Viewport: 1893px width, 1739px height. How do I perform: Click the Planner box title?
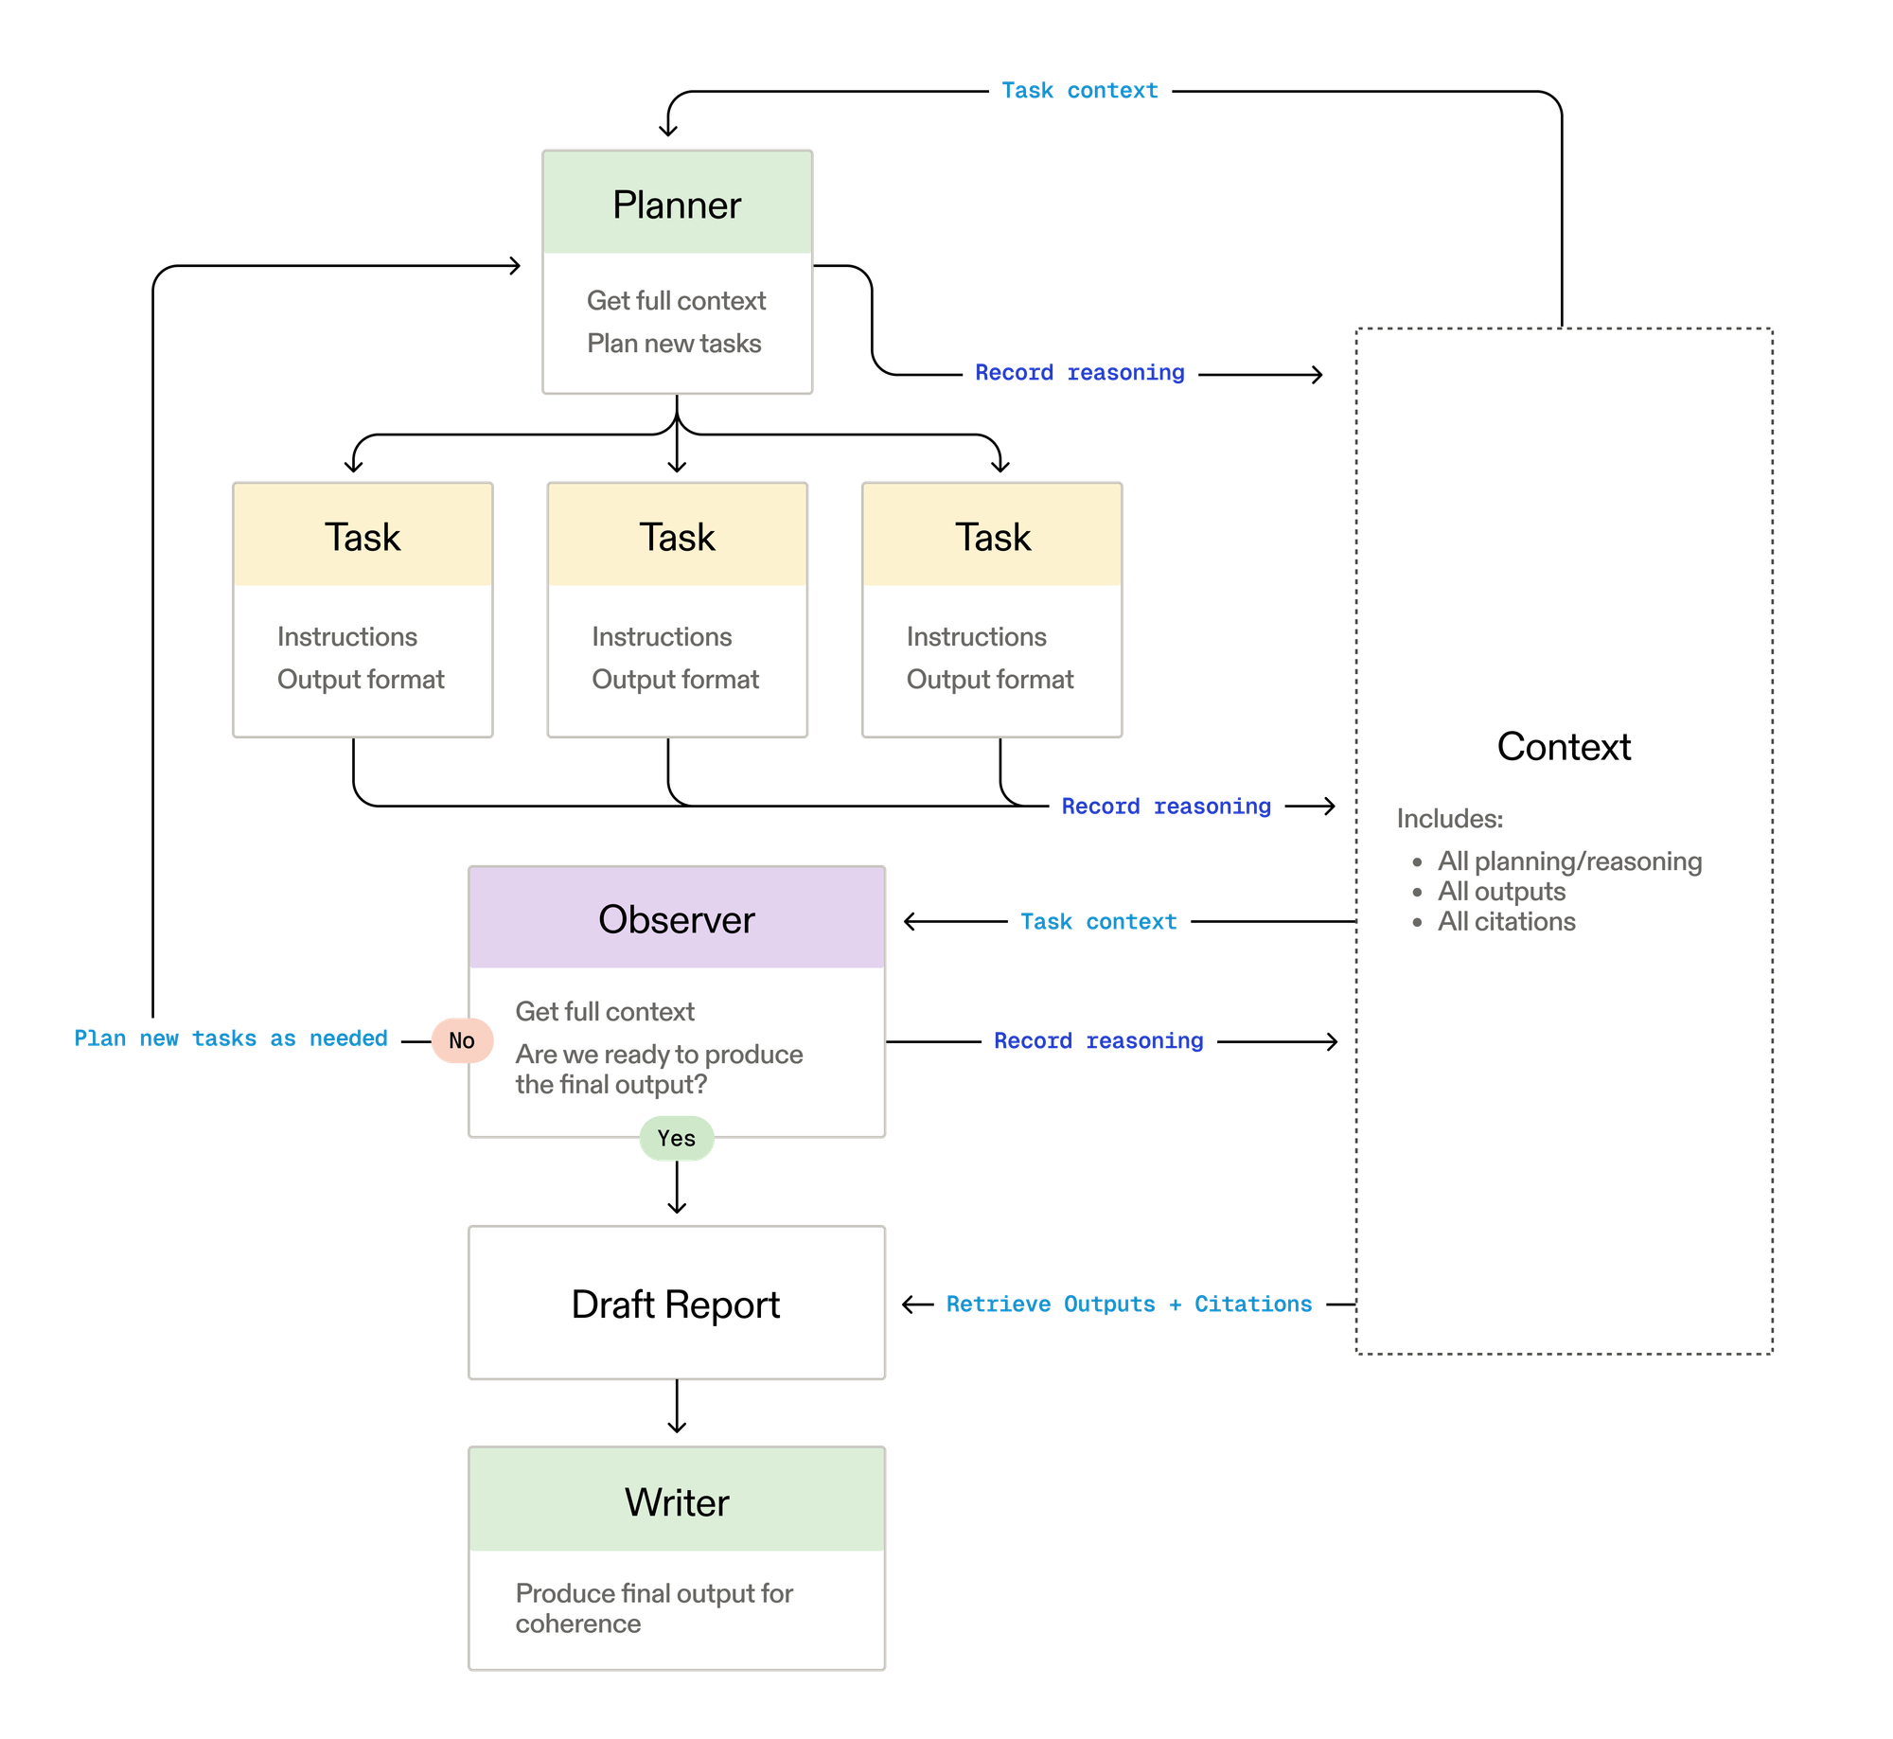(x=676, y=205)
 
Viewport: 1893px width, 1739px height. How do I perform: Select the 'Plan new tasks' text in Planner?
(x=674, y=344)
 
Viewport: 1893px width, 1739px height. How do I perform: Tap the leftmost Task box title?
(x=363, y=538)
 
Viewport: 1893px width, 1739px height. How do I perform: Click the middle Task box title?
(x=677, y=538)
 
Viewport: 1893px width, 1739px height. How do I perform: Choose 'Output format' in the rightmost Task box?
(x=989, y=680)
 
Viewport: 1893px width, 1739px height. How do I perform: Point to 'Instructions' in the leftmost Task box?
(x=346, y=637)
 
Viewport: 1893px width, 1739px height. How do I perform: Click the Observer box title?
(x=676, y=920)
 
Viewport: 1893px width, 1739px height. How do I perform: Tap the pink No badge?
(x=461, y=1041)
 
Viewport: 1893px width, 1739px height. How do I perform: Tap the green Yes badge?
(x=676, y=1139)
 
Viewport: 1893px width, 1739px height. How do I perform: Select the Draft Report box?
(x=676, y=1304)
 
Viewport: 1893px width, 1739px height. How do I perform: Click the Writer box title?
(x=676, y=1503)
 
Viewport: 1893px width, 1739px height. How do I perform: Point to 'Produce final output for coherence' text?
(x=653, y=1608)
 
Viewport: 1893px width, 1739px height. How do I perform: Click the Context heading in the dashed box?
(x=1564, y=747)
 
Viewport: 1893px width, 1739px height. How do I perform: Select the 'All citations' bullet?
(x=1506, y=922)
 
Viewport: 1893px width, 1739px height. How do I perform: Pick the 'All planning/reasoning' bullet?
(x=1569, y=861)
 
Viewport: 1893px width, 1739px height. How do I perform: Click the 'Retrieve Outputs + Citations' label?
(x=1129, y=1304)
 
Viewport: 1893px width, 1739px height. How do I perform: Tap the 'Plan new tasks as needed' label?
(x=231, y=1038)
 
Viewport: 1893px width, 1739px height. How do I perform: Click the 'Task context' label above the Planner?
(x=1079, y=91)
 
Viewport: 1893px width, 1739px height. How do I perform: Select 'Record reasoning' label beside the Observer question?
(x=1099, y=1041)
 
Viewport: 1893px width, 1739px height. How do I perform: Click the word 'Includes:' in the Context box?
(x=1449, y=819)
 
